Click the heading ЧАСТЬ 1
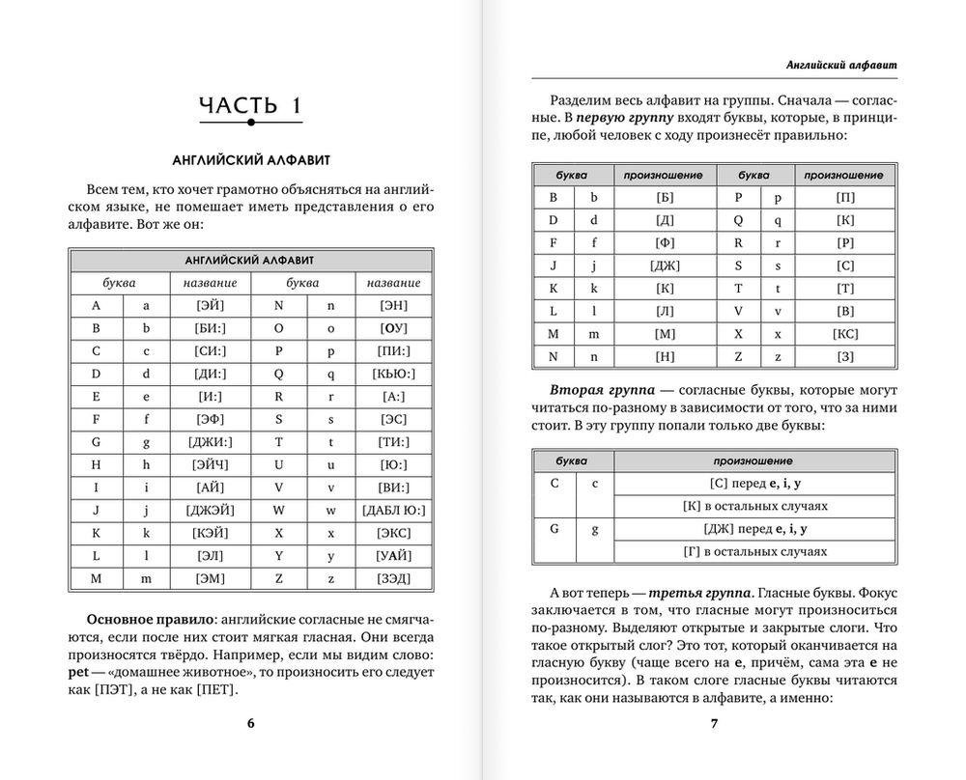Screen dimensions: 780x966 pos(250,105)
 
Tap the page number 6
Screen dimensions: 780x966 pos(250,723)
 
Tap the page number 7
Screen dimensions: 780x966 pos(714,723)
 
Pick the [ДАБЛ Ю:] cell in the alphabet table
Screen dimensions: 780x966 pos(393,510)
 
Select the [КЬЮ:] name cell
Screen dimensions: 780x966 pos(393,373)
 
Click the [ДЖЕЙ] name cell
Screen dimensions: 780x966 pos(210,510)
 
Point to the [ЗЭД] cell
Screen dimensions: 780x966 pos(393,578)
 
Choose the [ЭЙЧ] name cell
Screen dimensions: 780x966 pos(210,464)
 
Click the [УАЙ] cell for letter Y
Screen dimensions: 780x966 pos(393,555)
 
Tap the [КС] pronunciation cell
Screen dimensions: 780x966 pos(845,333)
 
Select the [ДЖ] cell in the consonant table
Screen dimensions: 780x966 pos(665,265)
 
